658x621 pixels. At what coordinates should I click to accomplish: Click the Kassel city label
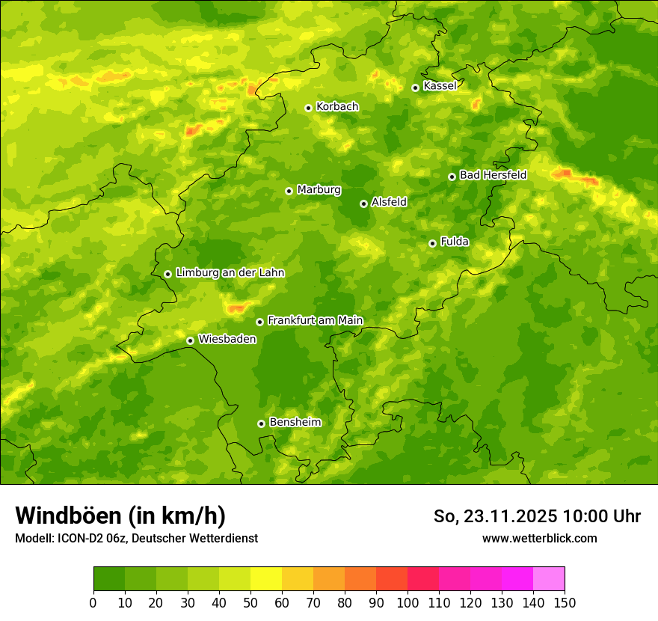tap(440, 86)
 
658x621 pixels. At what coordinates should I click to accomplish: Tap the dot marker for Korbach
tap(308, 108)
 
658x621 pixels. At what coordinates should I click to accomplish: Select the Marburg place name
tap(319, 190)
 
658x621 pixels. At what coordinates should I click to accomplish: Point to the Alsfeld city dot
tap(363, 204)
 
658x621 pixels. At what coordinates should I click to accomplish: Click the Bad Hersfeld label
tap(493, 175)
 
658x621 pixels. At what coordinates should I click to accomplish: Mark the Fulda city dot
tap(432, 243)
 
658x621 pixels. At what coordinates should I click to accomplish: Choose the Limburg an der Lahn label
tap(230, 273)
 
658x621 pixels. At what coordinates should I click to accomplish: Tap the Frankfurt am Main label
tap(315, 320)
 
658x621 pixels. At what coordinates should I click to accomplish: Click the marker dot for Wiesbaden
tap(190, 340)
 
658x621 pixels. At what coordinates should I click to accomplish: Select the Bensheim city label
tap(295, 422)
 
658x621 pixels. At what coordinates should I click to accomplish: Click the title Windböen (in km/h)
tap(120, 516)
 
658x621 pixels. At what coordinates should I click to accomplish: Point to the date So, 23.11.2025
tap(495, 516)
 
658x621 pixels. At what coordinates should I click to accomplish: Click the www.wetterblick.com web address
tap(539, 539)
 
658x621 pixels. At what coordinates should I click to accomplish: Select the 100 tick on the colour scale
tap(408, 602)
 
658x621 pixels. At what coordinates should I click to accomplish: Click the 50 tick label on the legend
tap(250, 602)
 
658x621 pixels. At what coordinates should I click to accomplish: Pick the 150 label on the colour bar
tap(565, 602)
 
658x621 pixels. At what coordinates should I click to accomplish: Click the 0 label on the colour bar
tap(93, 602)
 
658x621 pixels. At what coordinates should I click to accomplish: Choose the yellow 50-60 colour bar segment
tap(266, 578)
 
